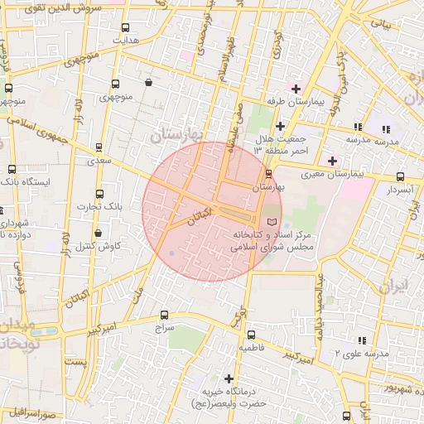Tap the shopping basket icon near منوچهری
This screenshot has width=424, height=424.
coord(148,82)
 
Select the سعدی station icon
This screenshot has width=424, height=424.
coord(99,147)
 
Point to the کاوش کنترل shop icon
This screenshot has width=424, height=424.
coord(99,233)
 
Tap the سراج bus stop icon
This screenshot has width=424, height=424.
coord(164,315)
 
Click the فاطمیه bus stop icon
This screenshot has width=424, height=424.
coord(252,335)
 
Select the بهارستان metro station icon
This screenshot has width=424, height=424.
coord(267,173)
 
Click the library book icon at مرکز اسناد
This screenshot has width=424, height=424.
coord(272,223)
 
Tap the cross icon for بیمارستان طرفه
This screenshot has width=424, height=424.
coord(296,88)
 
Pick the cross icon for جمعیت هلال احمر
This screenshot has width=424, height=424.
coord(281,126)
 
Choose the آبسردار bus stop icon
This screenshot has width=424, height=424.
coord(401,176)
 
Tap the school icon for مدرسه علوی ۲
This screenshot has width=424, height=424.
coord(362,340)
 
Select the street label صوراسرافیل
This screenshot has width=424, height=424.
coord(33,412)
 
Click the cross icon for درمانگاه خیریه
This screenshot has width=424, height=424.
coord(229,378)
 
